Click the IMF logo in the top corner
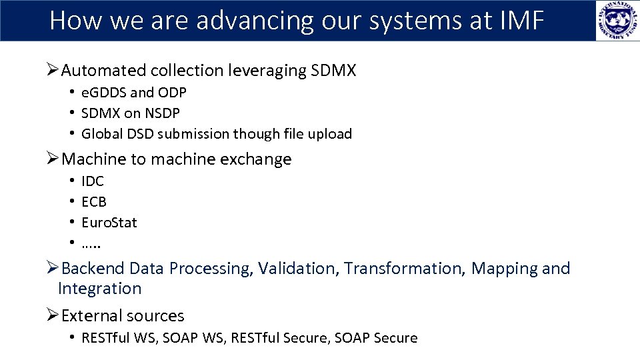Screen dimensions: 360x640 tap(617, 21)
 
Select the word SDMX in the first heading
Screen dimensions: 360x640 tap(333, 71)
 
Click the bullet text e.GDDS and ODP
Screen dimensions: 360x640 tap(133, 93)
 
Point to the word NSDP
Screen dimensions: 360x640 tap(161, 113)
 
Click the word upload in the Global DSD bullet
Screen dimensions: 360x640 tap(330, 134)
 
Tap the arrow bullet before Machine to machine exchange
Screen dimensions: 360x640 tap(53, 159)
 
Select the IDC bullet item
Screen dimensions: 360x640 tap(93, 181)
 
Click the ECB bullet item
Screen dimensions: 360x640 tap(94, 202)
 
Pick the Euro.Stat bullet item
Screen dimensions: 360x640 tap(109, 223)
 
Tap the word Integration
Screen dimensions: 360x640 tap(100, 289)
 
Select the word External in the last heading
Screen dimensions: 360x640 tap(91, 316)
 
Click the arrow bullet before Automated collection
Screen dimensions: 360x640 tap(53, 71)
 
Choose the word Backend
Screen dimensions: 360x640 tap(93, 269)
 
